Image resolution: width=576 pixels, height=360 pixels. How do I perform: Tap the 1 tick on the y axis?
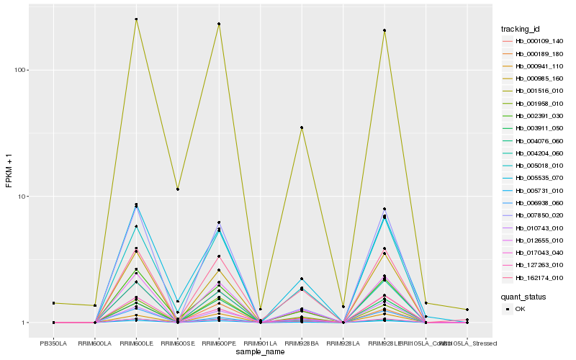pos(24,323)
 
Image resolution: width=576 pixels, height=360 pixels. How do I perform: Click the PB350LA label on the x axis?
pos(53,344)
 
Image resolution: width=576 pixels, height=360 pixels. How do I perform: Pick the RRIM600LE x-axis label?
pos(136,344)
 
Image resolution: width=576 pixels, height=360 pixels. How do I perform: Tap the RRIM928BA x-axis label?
pos(302,344)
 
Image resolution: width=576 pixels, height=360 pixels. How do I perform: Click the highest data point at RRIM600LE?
pos(136,19)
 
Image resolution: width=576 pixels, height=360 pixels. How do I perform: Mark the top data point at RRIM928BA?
pos(302,127)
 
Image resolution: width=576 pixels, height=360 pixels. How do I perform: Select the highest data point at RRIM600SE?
pos(178,189)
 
